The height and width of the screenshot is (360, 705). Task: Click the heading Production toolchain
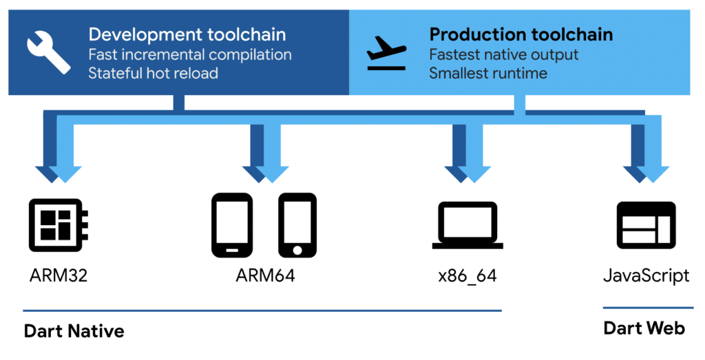click(x=521, y=34)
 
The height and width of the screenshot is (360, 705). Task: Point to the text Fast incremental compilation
click(x=190, y=54)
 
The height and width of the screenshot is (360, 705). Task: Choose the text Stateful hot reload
click(x=153, y=72)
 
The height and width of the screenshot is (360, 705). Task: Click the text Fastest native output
click(x=504, y=54)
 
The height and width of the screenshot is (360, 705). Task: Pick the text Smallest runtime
click(x=488, y=72)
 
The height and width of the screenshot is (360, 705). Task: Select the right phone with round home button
click(x=297, y=225)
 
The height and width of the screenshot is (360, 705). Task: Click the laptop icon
click(x=468, y=225)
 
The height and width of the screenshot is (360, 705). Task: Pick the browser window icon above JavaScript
click(x=644, y=225)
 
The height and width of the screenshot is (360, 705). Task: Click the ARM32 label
click(x=59, y=277)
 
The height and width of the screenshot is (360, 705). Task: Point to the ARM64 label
click(x=265, y=277)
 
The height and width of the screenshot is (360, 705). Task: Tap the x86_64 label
click(x=467, y=277)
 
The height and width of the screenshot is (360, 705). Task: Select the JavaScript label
click(x=646, y=277)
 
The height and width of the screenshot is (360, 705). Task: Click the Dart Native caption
click(x=74, y=331)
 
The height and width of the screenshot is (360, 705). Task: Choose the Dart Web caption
click(x=644, y=328)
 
